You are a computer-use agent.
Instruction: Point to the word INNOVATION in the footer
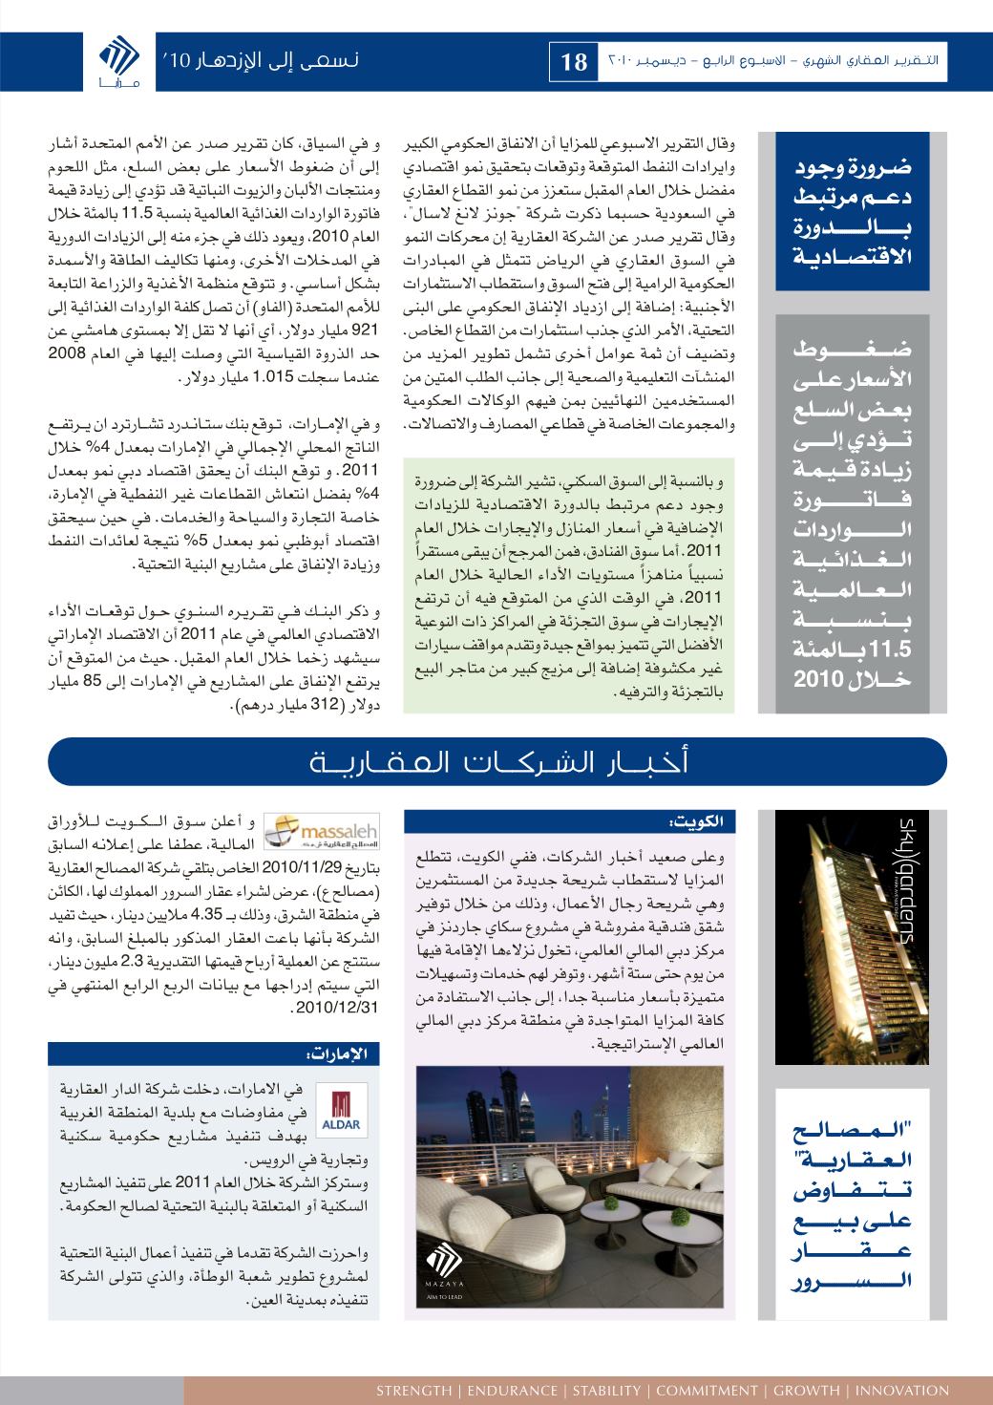tap(902, 1390)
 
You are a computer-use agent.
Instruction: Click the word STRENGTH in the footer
tap(413, 1390)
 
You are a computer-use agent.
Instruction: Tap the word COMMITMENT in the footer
tap(705, 1390)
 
